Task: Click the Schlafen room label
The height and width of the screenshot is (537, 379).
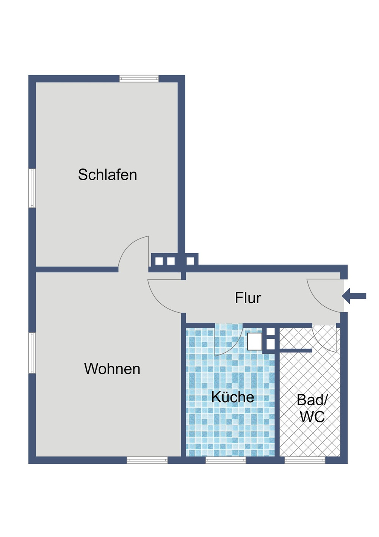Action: (107, 175)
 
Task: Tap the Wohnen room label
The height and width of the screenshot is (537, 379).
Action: (112, 369)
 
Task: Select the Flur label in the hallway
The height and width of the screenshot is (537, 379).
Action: (248, 298)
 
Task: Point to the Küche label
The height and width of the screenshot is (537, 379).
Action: (233, 397)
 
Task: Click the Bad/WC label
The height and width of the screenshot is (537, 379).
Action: (312, 408)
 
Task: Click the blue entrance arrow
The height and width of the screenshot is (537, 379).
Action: (354, 296)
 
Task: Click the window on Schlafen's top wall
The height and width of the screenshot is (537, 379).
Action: (139, 79)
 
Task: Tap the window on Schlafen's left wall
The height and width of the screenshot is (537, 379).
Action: (32, 188)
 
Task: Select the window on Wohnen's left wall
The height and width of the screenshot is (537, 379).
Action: (32, 353)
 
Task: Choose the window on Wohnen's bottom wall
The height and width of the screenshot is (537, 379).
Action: (147, 460)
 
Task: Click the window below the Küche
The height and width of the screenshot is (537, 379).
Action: (226, 460)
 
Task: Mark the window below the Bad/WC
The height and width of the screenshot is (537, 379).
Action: (305, 460)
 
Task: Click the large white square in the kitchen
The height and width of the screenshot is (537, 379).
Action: (254, 341)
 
